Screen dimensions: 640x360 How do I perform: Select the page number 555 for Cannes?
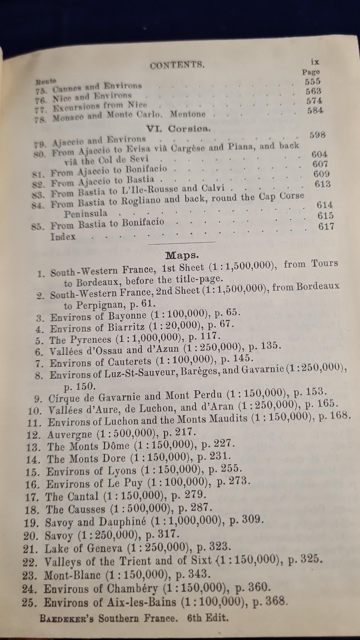coord(312,82)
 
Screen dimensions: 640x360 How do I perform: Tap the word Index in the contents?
coord(63,237)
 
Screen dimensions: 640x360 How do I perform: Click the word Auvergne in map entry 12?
coord(70,434)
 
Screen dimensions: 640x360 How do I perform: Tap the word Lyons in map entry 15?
coord(123,470)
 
